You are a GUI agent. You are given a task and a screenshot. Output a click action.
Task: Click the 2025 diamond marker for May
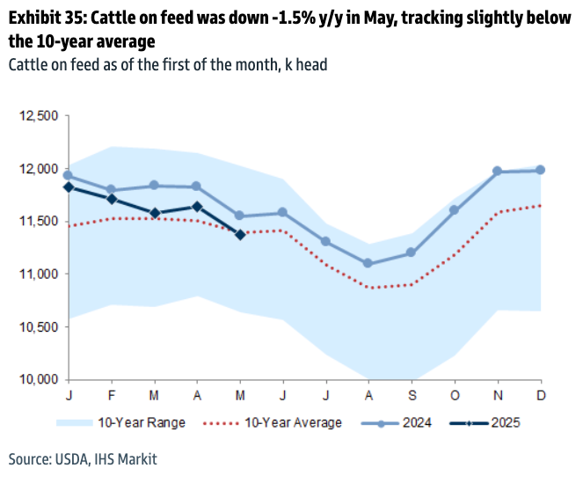pos(240,234)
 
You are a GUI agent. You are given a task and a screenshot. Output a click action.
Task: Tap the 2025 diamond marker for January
pos(68,187)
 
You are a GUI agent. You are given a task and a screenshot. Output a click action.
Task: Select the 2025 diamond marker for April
pos(197,207)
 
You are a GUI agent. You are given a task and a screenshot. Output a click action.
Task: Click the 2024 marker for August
pos(368,264)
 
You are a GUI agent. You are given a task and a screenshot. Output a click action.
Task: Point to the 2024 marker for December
pos(540,170)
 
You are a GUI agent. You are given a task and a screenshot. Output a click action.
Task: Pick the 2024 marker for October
pos(454,210)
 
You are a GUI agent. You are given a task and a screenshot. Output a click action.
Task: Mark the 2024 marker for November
pos(497,172)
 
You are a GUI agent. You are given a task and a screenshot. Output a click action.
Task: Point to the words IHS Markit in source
pos(124,458)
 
